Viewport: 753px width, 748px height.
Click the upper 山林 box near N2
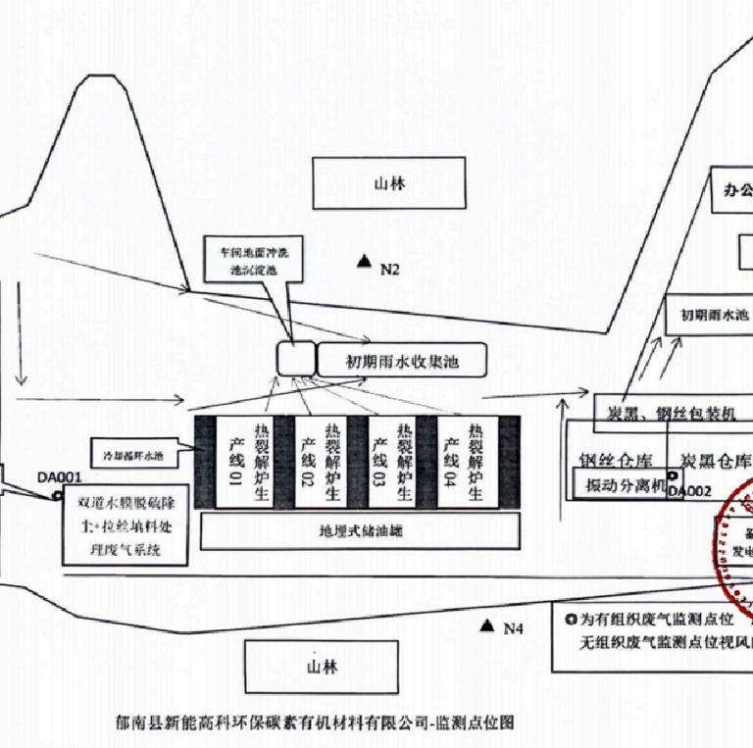tap(389, 183)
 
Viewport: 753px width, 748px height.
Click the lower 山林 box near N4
tap(321, 667)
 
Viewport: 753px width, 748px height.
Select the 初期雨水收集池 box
tap(402, 362)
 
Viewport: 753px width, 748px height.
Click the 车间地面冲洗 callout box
tap(254, 259)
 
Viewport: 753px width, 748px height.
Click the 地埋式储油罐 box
tap(360, 531)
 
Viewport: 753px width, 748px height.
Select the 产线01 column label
tap(234, 461)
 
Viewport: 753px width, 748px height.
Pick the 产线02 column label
tap(307, 461)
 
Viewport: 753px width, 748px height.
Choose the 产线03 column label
tap(380, 461)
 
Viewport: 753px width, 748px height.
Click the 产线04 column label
tap(452, 461)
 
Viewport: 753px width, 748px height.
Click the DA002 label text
tap(689, 491)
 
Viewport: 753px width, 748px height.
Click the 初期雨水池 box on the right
tap(708, 316)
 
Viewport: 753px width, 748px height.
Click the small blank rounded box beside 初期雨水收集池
tap(295, 359)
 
